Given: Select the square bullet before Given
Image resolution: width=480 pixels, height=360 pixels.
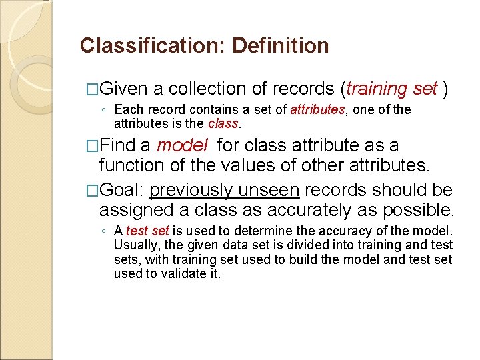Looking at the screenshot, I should pos(93,89).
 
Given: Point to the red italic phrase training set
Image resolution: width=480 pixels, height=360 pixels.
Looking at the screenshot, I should pos(392,89).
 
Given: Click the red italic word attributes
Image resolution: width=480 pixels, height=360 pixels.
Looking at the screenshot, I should pos(317,110).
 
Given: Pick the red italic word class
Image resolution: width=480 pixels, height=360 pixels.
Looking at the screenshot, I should pos(223,123).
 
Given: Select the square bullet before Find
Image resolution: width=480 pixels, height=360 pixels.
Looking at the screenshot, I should pos(93,146).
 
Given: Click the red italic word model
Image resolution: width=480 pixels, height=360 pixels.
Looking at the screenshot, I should pos(182,146).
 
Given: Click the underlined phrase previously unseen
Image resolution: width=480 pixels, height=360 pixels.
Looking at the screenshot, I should pos(225,191).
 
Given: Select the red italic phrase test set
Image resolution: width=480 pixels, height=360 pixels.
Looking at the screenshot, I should pos(147,231).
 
